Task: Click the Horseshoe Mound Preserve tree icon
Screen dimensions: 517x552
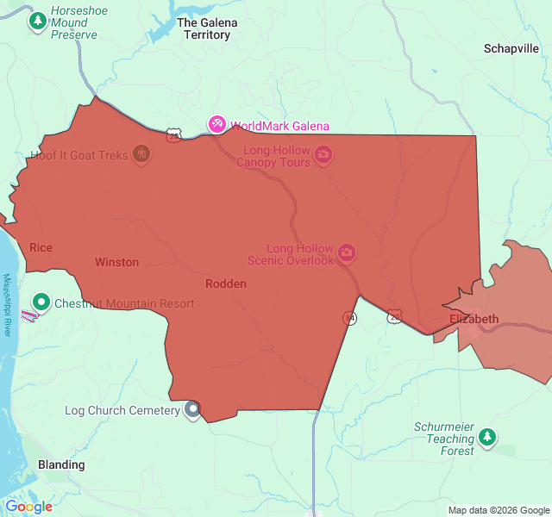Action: tap(38, 21)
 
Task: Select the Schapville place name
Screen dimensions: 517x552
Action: tap(511, 49)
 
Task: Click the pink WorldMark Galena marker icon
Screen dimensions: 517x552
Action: tap(216, 126)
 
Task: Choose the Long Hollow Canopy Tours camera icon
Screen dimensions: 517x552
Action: tap(323, 155)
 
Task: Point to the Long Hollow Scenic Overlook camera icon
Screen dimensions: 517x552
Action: tap(347, 253)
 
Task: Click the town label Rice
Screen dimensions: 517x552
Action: tap(41, 248)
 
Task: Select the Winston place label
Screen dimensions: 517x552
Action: tap(116, 262)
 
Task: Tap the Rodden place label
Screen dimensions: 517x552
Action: tap(226, 283)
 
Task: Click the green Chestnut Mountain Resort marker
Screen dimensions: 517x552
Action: tap(41, 302)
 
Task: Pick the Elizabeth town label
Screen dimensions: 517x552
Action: tap(474, 319)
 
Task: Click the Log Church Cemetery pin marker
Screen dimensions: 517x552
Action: tap(193, 410)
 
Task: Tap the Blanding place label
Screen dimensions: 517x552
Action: tap(61, 464)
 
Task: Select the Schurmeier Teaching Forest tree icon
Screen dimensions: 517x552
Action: tap(488, 437)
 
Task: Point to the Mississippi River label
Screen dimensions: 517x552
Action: tap(7, 305)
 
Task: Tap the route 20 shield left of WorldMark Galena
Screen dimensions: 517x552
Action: tap(175, 134)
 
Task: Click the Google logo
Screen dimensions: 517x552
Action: tap(28, 507)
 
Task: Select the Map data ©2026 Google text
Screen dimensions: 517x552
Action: tap(499, 510)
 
